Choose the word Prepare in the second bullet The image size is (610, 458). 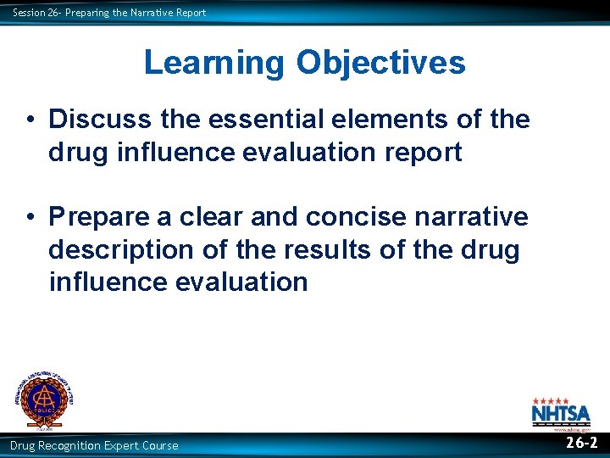[x=103, y=216]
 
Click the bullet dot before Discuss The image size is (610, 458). [x=30, y=120]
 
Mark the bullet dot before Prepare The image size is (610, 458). [x=30, y=217]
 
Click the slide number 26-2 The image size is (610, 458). [x=582, y=443]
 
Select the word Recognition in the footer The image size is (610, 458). [x=75, y=445]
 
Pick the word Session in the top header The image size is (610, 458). [x=27, y=12]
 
